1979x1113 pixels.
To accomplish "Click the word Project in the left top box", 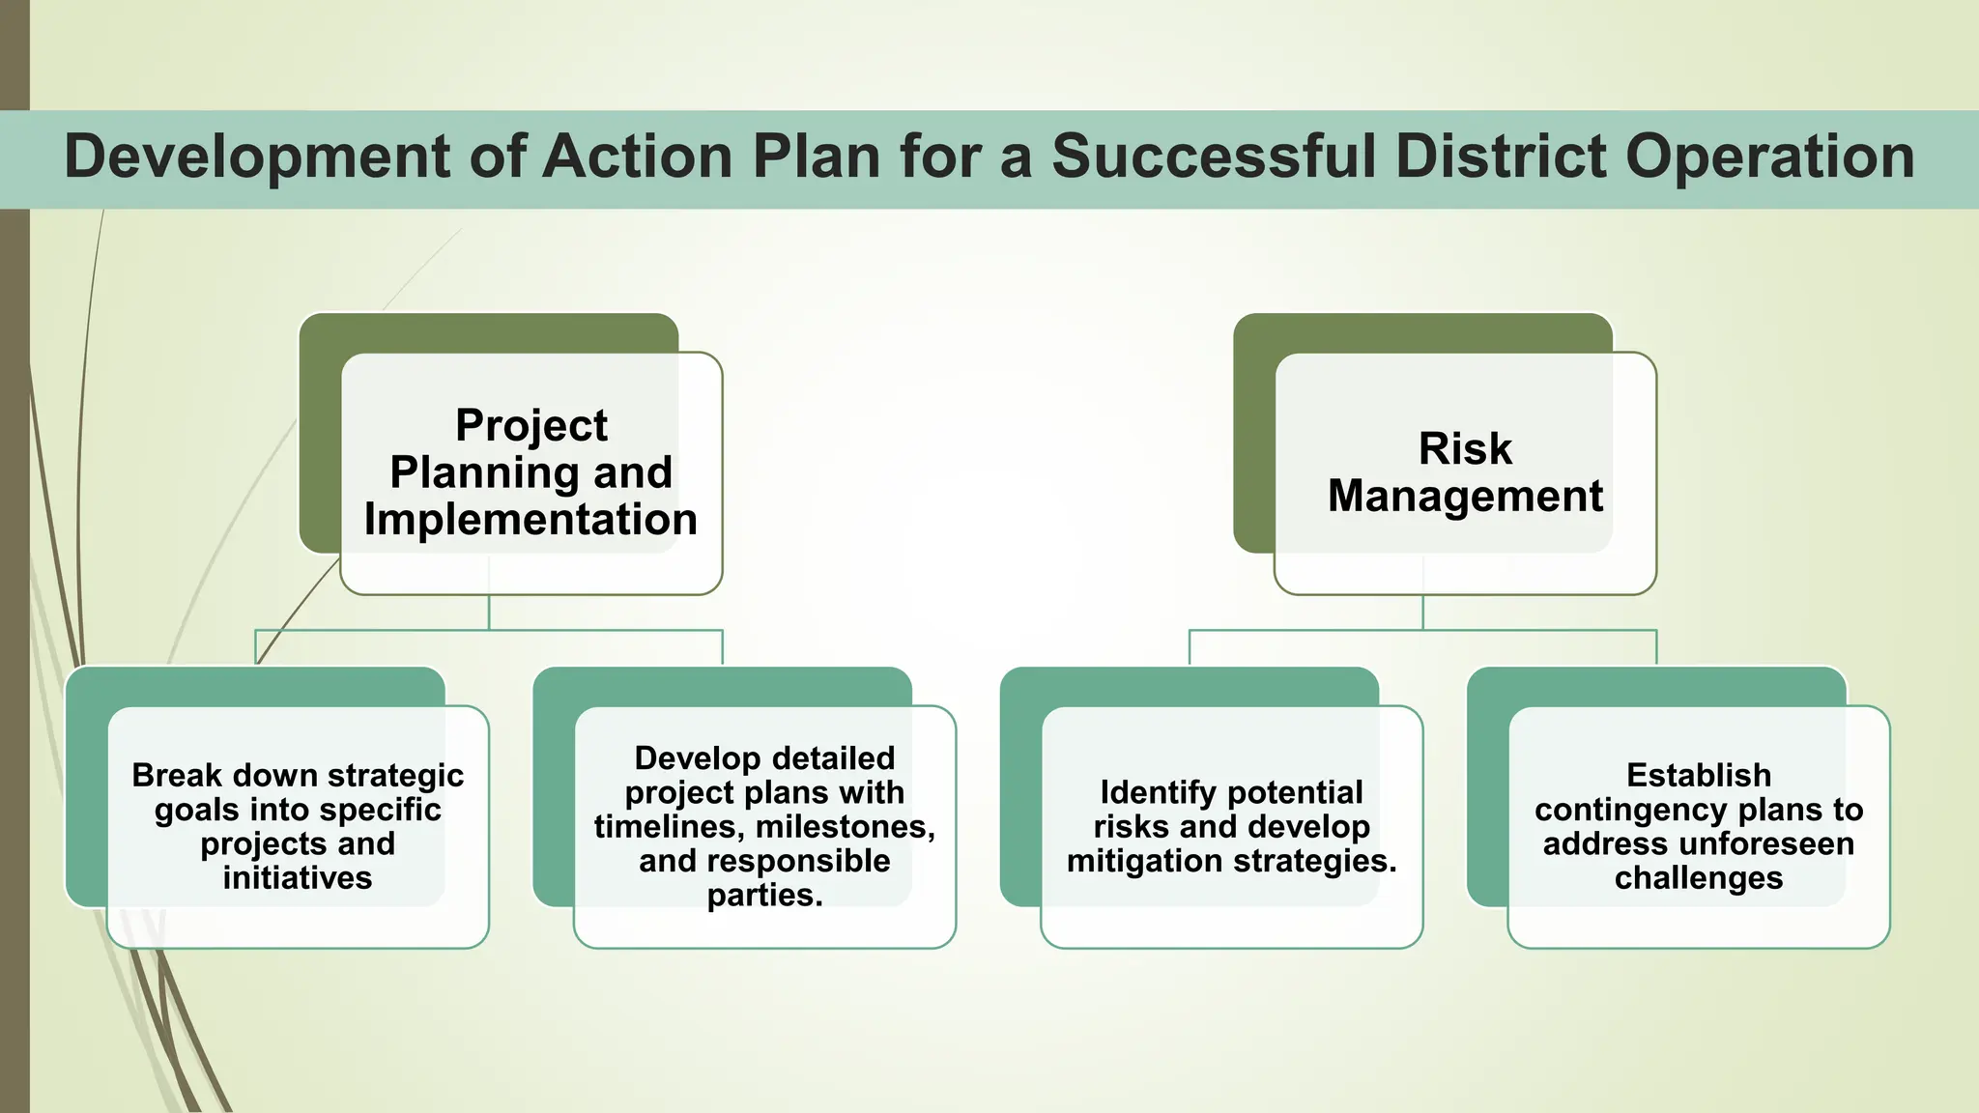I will click(531, 425).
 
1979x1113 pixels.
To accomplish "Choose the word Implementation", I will click(531, 520).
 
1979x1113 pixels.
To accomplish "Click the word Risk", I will click(1465, 448).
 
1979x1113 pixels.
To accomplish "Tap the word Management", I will click(1465, 497).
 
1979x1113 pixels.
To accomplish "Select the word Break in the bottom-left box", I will click(177, 776).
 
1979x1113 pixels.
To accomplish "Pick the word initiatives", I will click(298, 878).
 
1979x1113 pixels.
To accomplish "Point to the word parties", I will click(764, 896).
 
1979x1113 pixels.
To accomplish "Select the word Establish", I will click(1699, 776).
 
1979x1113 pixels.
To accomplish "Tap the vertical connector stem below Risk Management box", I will click(1422, 613).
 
